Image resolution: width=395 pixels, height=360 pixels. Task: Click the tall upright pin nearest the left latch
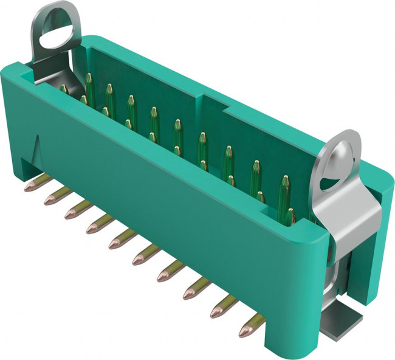coord(89,88)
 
